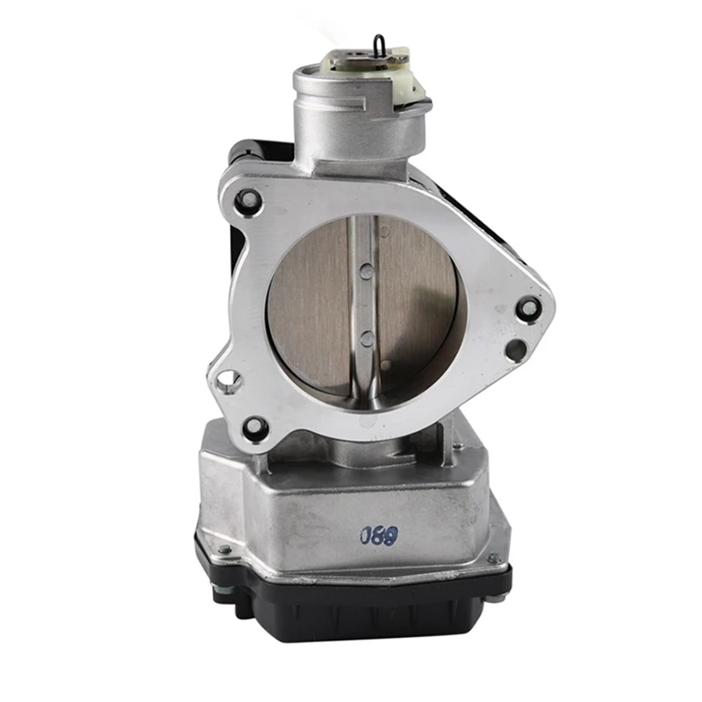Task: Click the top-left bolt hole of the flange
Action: click(x=248, y=200)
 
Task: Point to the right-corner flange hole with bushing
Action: click(x=528, y=307)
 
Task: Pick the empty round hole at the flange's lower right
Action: click(x=516, y=350)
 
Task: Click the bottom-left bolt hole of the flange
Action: click(x=254, y=427)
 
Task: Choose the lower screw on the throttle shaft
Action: click(x=364, y=337)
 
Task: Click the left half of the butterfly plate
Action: click(x=312, y=303)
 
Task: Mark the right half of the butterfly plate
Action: click(x=417, y=303)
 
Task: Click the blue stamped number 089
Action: click(x=378, y=533)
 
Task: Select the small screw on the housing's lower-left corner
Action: click(x=225, y=550)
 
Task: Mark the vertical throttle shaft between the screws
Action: click(x=364, y=303)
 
